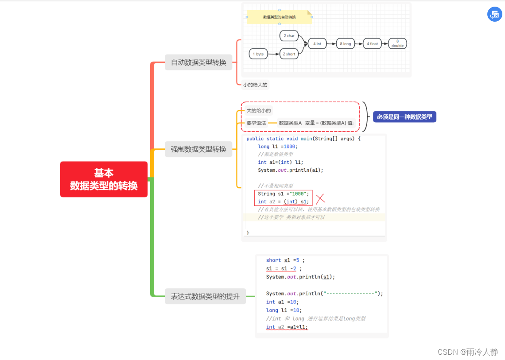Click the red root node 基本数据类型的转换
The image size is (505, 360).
104,179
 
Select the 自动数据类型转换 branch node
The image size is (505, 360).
198,62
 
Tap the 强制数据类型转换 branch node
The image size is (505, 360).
198,149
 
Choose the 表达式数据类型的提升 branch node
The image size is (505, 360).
205,296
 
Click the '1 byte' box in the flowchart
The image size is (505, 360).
258,54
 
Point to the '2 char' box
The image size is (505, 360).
289,36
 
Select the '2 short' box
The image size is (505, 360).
289,54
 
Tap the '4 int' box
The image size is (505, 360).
317,44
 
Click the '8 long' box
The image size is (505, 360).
345,44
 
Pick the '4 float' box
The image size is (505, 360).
372,44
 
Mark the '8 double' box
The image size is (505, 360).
397,43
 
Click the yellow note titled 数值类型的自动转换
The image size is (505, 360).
279,17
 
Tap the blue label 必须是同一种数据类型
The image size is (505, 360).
404,117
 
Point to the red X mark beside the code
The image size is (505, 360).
320,199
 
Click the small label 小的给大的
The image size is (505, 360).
255,85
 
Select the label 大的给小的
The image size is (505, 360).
259,111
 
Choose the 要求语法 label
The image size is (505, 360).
256,123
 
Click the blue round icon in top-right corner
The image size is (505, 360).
495,15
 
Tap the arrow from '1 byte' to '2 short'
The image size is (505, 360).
273,54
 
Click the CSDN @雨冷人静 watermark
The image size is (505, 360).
468,352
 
